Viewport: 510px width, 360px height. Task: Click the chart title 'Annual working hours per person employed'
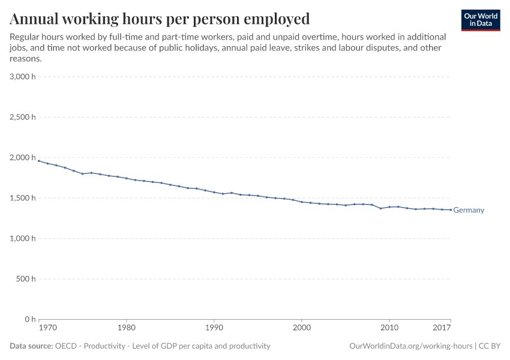(160, 19)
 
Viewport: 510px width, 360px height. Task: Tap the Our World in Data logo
(480, 20)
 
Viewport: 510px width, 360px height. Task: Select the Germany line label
(469, 211)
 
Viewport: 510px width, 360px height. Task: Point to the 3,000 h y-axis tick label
(23, 77)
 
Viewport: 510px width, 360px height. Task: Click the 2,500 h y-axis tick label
(23, 117)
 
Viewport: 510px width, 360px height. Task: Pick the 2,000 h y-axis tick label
(23, 158)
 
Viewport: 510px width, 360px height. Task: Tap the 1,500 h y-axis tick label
(23, 198)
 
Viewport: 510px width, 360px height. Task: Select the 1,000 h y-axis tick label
(23, 238)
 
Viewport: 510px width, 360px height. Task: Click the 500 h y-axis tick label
(25, 279)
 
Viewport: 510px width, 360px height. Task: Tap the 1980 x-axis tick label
(126, 328)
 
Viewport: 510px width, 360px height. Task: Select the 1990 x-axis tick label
(214, 328)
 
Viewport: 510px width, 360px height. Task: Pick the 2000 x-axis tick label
(301, 328)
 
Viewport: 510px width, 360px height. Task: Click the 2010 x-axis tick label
(389, 328)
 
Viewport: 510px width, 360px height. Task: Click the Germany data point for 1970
(39, 161)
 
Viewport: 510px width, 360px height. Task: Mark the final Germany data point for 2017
(451, 210)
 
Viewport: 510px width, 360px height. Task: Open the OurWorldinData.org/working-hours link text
(410, 346)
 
